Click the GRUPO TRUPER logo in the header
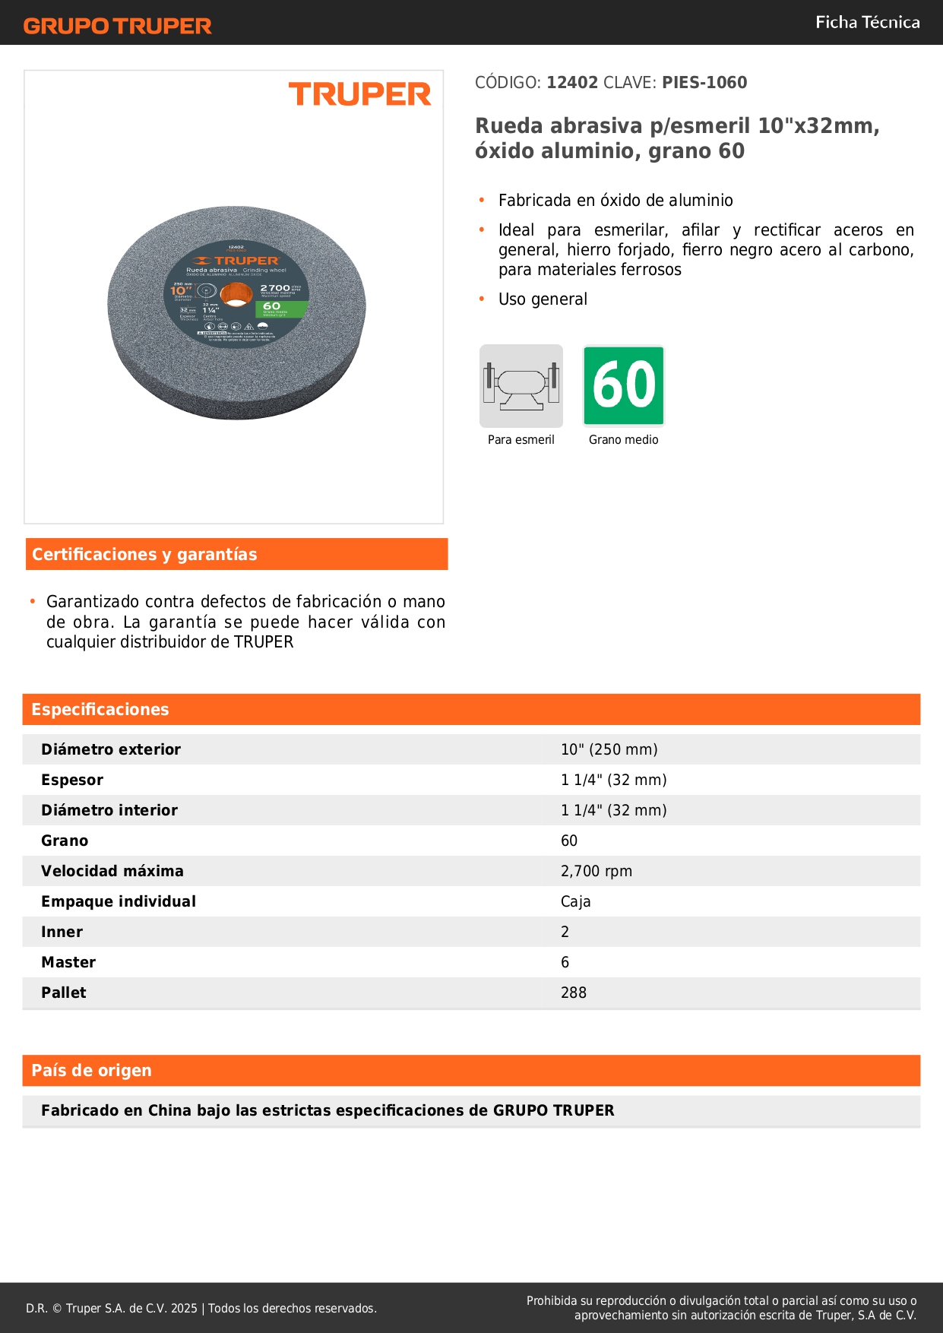tap(117, 26)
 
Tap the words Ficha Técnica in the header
tap(867, 22)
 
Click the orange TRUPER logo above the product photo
tap(359, 94)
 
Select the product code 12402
tap(572, 83)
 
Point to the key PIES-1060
tap(704, 83)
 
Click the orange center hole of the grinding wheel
tap(236, 294)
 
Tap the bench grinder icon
tap(521, 386)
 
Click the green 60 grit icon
tap(624, 385)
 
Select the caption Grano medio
tap(623, 440)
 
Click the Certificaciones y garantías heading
tap(144, 555)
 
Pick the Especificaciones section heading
tap(100, 710)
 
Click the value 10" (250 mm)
tap(609, 749)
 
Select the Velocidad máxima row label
tap(112, 871)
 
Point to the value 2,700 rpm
tap(596, 871)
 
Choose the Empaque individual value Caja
tap(576, 901)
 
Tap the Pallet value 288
tap(574, 993)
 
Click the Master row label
tap(68, 962)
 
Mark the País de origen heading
tap(91, 1071)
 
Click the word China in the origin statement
tap(170, 1110)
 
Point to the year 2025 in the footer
tap(184, 1308)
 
